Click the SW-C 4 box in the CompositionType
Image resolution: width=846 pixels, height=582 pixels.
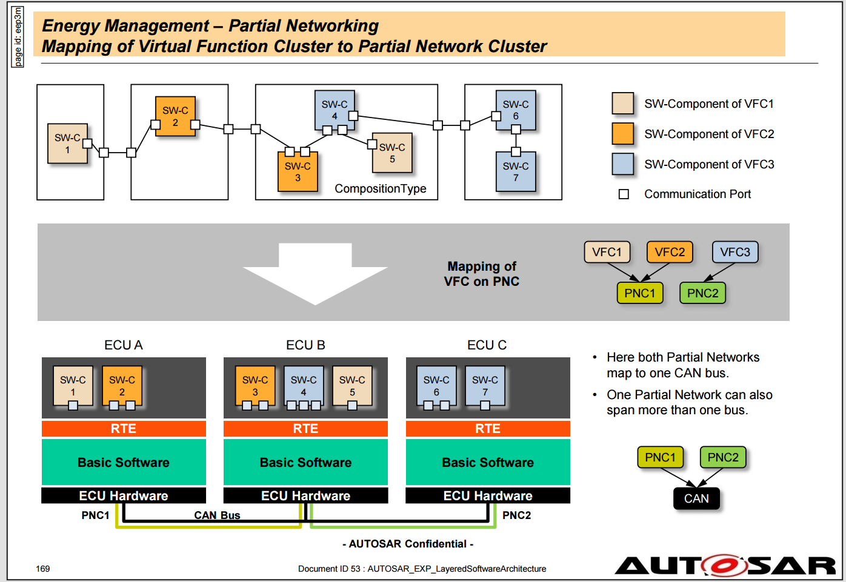click(335, 110)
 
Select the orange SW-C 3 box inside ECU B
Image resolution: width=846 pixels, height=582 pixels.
click(255, 385)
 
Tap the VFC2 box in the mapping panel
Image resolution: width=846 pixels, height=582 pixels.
click(670, 252)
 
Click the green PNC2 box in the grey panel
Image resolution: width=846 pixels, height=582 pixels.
click(702, 293)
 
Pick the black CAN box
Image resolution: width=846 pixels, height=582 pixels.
click(696, 498)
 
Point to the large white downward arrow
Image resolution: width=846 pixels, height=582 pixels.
click(315, 274)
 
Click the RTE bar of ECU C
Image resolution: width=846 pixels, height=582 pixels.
click(488, 429)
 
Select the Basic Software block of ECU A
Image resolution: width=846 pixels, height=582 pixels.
click(124, 462)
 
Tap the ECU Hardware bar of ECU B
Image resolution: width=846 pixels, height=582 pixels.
click(305, 495)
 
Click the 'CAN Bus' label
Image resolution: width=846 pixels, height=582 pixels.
click(217, 515)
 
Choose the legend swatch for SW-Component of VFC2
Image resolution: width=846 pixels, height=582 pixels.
click(623, 134)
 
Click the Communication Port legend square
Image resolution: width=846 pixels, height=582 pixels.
click(624, 194)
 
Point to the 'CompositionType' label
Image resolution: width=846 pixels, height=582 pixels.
click(381, 188)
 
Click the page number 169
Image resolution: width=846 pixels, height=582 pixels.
click(42, 569)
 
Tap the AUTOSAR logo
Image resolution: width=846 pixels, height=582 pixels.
click(725, 566)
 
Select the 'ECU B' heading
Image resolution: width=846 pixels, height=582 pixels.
click(305, 345)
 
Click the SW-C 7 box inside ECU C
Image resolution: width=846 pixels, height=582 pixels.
click(485, 385)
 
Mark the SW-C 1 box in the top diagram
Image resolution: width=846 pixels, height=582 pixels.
click(68, 144)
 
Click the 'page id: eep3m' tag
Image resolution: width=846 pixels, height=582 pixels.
click(18, 37)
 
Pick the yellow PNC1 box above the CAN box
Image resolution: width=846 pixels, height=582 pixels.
click(660, 457)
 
